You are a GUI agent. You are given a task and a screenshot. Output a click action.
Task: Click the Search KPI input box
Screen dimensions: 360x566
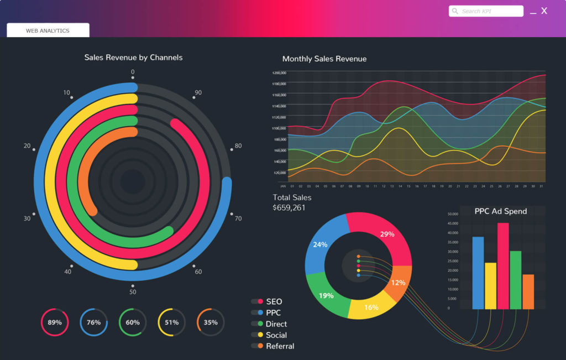tap(486, 11)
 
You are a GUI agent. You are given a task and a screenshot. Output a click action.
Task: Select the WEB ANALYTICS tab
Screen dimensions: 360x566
tap(48, 30)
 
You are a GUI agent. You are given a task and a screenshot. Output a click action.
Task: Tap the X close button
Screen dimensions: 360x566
tap(544, 11)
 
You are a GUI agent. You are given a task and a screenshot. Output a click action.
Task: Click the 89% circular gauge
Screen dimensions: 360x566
tap(55, 322)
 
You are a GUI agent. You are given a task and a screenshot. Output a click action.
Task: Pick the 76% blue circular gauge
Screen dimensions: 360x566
tap(93, 322)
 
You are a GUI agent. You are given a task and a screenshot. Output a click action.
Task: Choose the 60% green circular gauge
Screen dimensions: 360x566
tap(133, 322)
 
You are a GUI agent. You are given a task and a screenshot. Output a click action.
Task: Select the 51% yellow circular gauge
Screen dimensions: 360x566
tap(171, 322)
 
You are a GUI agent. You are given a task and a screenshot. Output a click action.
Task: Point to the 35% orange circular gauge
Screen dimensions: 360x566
tap(211, 322)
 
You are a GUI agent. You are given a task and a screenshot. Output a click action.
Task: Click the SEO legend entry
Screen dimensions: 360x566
tap(274, 301)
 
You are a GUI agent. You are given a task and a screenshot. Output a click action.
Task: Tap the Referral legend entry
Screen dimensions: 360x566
tap(280, 346)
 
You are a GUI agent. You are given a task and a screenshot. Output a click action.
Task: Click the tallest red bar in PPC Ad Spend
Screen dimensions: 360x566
tap(503, 265)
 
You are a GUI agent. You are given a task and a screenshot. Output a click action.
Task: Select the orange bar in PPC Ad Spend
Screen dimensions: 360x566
tap(528, 291)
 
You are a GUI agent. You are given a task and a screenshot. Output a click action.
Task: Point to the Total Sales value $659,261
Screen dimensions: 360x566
tap(289, 208)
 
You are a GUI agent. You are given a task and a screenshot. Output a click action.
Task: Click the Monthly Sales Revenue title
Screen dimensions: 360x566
tap(324, 59)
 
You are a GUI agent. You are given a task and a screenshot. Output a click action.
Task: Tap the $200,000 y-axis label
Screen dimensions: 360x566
tap(279, 72)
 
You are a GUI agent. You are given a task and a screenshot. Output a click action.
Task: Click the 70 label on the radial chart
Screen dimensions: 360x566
tap(238, 218)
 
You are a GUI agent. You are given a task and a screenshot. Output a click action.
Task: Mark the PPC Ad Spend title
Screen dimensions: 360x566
tap(501, 211)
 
